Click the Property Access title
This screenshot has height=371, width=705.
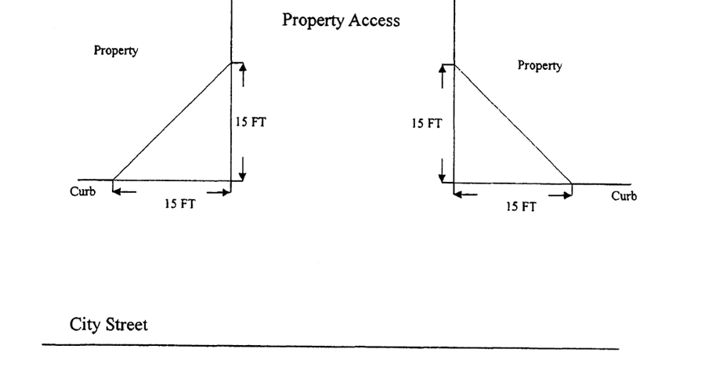pos(341,20)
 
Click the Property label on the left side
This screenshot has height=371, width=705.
pos(116,51)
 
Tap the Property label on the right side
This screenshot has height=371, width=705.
pos(539,66)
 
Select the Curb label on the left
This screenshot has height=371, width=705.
pos(83,191)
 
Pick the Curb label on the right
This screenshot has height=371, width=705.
pos(624,195)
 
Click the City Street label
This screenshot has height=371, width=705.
pos(108,324)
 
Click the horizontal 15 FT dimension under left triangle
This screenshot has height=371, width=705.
pos(180,204)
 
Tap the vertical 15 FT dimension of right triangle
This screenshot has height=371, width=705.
pos(427,124)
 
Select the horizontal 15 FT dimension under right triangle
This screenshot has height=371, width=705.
pos(520,207)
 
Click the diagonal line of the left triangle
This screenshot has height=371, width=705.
pos(172,121)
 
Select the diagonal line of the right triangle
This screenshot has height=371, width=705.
pos(513,124)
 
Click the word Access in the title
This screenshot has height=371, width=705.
pos(373,20)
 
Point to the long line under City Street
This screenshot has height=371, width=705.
pos(329,347)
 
